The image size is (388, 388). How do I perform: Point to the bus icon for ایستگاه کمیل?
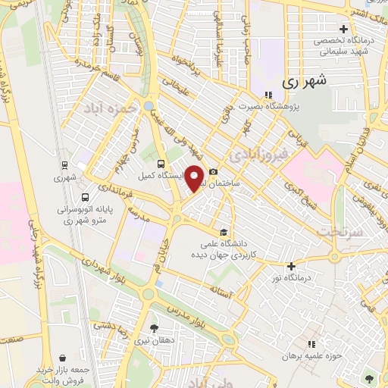point(161,163)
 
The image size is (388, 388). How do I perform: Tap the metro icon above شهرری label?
point(64,165)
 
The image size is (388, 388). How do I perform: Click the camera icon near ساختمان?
point(214,173)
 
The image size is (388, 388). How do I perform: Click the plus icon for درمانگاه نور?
point(291,266)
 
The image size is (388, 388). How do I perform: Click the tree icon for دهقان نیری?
point(154,327)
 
